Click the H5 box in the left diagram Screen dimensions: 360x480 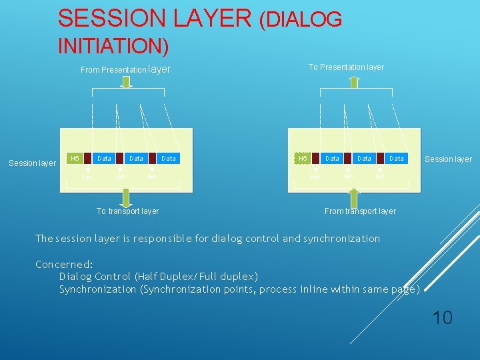click(x=75, y=159)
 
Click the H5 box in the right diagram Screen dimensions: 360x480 click(x=303, y=159)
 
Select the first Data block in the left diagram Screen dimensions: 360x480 click(x=104, y=159)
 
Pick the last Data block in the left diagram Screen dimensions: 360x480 click(x=169, y=159)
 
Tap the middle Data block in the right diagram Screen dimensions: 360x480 click(x=364, y=159)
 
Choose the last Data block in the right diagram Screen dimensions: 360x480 click(x=397, y=159)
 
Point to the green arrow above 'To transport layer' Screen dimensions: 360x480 click(x=126, y=197)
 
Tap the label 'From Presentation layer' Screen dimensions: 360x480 click(x=125, y=69)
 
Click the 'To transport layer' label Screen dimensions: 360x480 click(x=127, y=211)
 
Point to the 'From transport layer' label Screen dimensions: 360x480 click(x=360, y=211)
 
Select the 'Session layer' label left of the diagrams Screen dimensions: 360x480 click(x=32, y=163)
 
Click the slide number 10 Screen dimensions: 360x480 click(x=442, y=317)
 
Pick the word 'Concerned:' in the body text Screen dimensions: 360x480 click(x=64, y=264)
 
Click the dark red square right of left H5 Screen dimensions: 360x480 click(x=87, y=159)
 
